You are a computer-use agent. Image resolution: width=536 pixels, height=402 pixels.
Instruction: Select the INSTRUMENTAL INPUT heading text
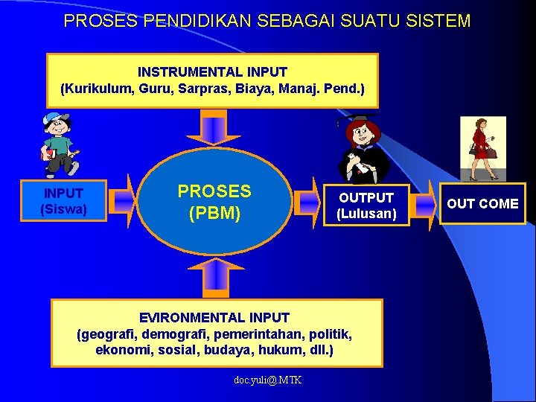(x=212, y=72)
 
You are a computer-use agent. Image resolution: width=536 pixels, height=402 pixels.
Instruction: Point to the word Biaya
(x=255, y=89)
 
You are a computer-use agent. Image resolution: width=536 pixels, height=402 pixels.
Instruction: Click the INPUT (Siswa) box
(x=64, y=202)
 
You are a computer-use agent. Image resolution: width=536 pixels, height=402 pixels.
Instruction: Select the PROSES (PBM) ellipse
(x=214, y=202)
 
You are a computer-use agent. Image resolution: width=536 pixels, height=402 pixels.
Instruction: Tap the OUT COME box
(x=482, y=203)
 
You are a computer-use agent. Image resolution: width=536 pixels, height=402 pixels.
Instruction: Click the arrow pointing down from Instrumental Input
(x=214, y=127)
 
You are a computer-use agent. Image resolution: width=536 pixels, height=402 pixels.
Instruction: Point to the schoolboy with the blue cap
(x=58, y=145)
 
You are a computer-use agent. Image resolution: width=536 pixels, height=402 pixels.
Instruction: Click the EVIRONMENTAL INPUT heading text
(x=214, y=318)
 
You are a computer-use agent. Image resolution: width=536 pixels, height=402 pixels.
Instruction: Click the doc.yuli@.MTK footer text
(x=267, y=380)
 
